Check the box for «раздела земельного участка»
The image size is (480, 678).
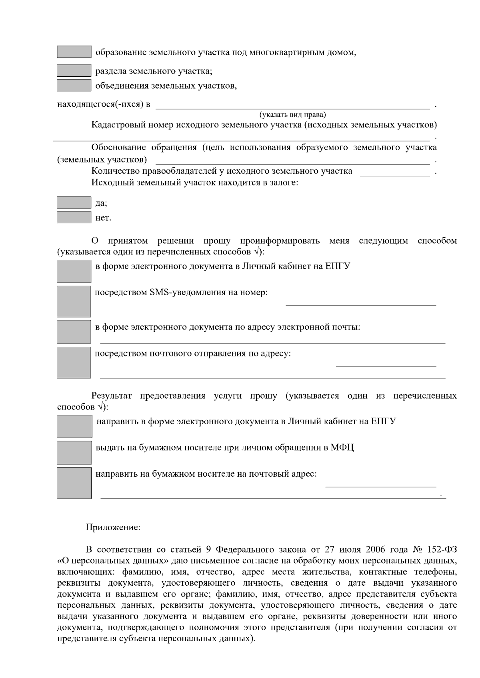click(x=74, y=71)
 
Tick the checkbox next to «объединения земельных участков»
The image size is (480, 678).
click(x=74, y=85)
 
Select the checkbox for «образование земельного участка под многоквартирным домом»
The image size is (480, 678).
click(x=74, y=52)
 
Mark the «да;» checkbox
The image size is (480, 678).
click(x=74, y=203)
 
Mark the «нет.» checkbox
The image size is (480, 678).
click(x=74, y=217)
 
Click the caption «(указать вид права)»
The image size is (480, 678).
click(x=293, y=115)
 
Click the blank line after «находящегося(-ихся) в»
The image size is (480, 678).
click(x=292, y=105)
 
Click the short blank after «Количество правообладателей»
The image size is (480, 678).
click(x=395, y=173)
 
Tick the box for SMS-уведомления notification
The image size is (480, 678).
click(x=74, y=301)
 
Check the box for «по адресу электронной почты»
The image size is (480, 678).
click(x=74, y=332)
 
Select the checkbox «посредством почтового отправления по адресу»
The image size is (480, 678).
click(x=74, y=362)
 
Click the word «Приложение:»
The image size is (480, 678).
click(x=113, y=527)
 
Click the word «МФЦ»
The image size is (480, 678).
click(x=342, y=447)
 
